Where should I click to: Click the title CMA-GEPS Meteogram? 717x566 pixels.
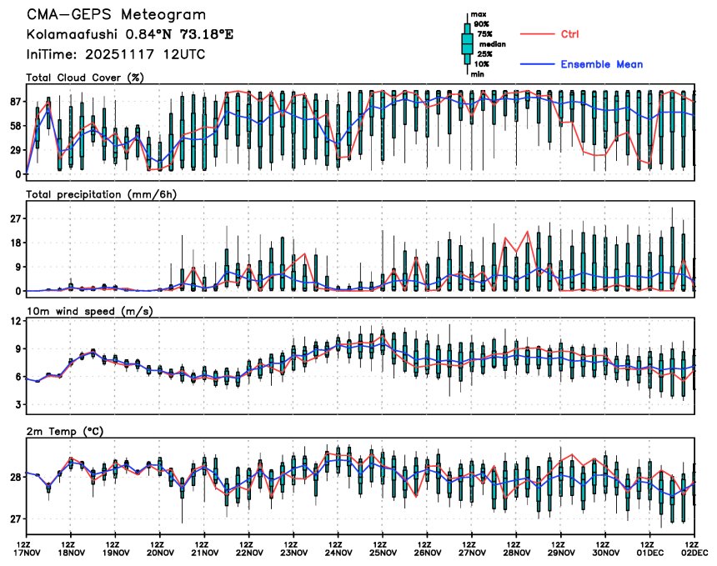[116, 16]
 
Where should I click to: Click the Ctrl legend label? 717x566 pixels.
[569, 34]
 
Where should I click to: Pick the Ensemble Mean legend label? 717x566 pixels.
[601, 64]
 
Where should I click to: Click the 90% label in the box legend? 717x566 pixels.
[482, 24]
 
